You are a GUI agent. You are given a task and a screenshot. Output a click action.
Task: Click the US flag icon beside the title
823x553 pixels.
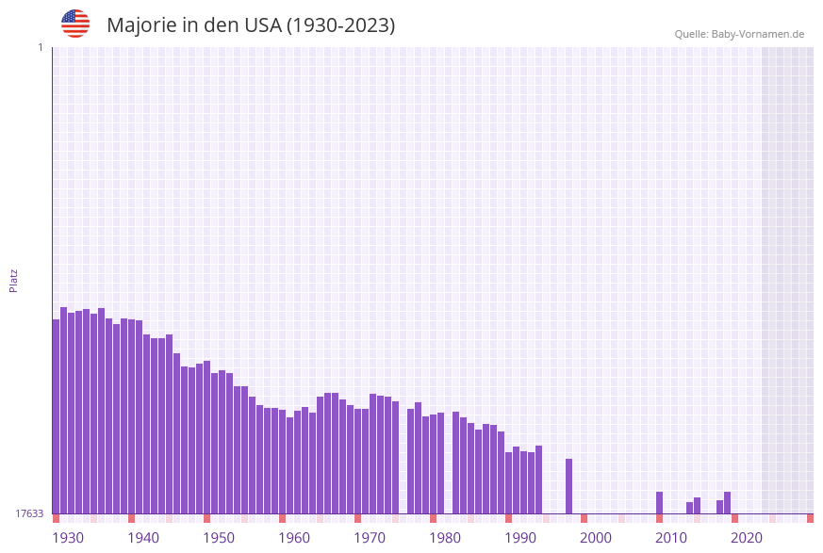[x=75, y=24]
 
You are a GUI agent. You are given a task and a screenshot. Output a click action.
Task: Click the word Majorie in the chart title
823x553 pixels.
[x=144, y=25]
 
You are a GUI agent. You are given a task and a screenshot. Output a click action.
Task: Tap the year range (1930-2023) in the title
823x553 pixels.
[x=340, y=25]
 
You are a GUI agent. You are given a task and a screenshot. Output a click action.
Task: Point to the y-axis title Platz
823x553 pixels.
[x=14, y=280]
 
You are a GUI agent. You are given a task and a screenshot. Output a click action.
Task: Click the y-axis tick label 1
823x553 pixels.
[x=40, y=47]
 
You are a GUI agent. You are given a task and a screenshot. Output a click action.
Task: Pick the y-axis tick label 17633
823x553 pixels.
[x=29, y=513]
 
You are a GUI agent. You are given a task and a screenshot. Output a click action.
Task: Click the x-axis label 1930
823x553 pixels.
[x=68, y=538]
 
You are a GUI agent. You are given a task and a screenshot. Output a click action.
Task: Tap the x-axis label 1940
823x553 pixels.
[x=143, y=538]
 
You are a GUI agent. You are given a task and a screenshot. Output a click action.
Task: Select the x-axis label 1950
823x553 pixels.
[x=219, y=538]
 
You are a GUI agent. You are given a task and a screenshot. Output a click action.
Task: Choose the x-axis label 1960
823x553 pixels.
[x=294, y=538]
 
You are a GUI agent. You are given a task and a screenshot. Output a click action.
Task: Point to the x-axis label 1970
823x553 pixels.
[x=370, y=538]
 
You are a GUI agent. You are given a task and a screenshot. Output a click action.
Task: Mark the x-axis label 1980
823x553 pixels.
[x=445, y=538]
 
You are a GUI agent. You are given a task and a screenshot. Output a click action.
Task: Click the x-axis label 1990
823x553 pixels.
[x=520, y=538]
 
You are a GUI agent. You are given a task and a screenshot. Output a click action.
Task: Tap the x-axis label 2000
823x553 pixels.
[x=596, y=538]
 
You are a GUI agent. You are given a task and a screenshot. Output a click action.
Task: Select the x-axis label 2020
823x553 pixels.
[x=747, y=538]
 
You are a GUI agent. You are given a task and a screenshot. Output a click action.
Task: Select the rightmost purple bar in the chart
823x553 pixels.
[x=727, y=502]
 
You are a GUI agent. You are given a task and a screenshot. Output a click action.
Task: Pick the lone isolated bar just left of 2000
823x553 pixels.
[x=568, y=486]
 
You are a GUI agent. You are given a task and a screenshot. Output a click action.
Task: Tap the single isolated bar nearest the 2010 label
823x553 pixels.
[x=659, y=502]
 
